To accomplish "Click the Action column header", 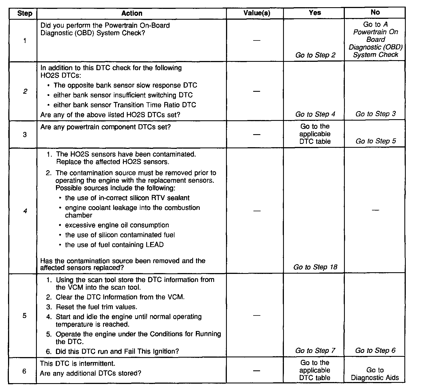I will (132, 13).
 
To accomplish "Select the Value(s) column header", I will (257, 13).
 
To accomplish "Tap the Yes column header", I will (315, 12).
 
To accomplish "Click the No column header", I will (375, 12).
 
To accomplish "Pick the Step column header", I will (25, 13).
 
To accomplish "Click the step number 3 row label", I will (25, 135).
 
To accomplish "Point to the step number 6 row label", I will (24, 371).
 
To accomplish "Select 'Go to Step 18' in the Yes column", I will (315, 267).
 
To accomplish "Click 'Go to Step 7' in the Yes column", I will (315, 351).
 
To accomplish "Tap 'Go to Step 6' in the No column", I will (375, 351).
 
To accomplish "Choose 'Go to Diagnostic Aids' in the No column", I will (375, 374).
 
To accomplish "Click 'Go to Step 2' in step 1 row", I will (315, 55).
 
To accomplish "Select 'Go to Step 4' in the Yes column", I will (315, 114).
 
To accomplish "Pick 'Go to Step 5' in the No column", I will (376, 141).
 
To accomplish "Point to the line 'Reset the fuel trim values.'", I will (97, 307).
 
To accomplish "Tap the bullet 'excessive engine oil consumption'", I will (117, 225).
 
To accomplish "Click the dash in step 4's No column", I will (375, 211).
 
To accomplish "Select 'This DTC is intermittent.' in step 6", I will (78, 363).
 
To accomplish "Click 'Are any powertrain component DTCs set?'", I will (106, 127).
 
